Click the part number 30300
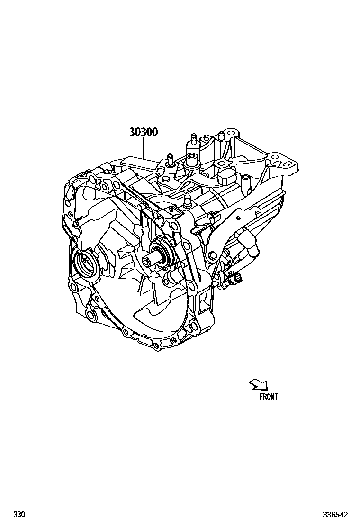tap(144, 132)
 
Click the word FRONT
tap(269, 397)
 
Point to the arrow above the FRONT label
tap(259, 384)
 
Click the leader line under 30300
tap(144, 149)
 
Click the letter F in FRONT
tap(261, 397)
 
